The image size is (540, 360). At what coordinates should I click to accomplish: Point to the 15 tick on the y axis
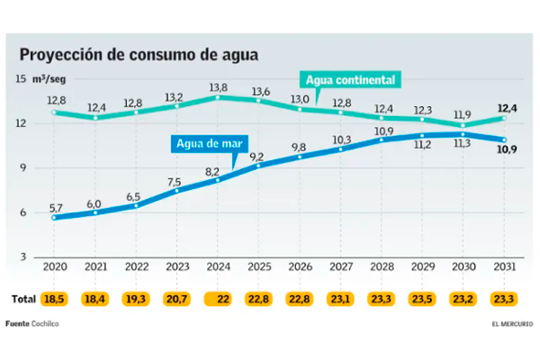tap(20, 79)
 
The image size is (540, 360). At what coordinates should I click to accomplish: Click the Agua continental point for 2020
tap(55, 112)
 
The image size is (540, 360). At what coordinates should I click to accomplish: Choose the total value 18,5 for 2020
tap(55, 297)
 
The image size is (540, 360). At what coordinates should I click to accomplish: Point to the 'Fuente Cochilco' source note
tap(32, 323)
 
